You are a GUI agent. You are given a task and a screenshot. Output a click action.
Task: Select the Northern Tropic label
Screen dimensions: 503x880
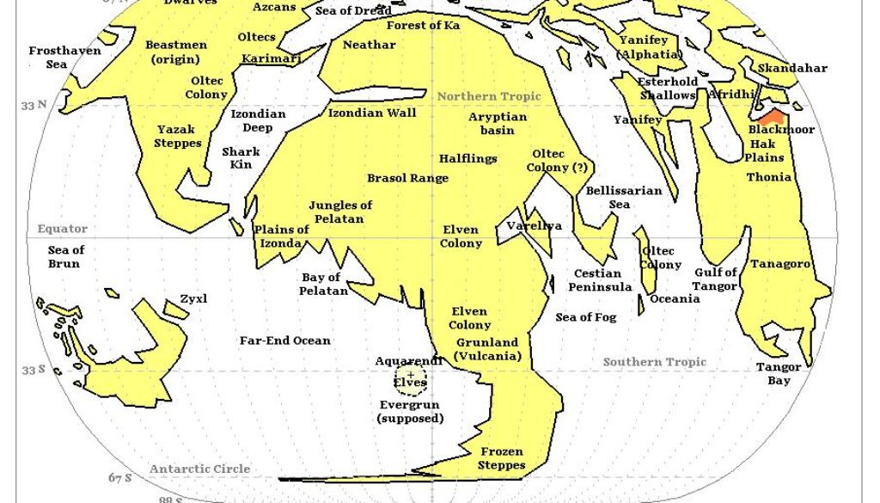pyautogui.click(x=489, y=96)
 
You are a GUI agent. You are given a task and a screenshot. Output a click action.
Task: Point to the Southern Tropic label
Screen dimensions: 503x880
pyautogui.click(x=654, y=362)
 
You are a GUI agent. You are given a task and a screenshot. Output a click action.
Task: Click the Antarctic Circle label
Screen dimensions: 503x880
pyautogui.click(x=199, y=469)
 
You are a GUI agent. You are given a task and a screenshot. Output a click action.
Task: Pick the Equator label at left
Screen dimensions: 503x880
pyautogui.click(x=62, y=229)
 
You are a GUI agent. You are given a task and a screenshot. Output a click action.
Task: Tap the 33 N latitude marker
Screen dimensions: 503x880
pyautogui.click(x=34, y=105)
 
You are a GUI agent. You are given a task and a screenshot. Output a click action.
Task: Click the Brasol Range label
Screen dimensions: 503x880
pyautogui.click(x=407, y=178)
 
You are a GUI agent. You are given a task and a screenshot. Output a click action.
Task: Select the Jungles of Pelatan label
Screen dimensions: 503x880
pyautogui.click(x=340, y=212)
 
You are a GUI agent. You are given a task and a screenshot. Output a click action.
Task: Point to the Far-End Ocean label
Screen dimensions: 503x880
pyautogui.click(x=284, y=340)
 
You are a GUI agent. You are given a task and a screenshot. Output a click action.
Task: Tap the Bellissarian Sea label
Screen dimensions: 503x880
pyautogui.click(x=624, y=197)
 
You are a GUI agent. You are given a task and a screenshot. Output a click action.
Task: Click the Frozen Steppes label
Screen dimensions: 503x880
pyautogui.click(x=502, y=458)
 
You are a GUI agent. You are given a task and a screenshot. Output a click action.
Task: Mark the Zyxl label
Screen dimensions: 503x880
pyautogui.click(x=193, y=299)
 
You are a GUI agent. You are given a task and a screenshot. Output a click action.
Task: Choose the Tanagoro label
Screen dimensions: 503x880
pyautogui.click(x=780, y=264)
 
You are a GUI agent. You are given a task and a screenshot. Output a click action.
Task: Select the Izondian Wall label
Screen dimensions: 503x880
pyautogui.click(x=372, y=113)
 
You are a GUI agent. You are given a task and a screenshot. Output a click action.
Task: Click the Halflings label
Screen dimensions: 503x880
pyautogui.click(x=467, y=159)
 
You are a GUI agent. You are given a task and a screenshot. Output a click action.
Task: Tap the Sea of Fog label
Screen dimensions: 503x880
pyautogui.click(x=586, y=317)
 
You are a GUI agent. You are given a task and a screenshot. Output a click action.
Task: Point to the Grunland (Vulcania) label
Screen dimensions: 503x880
pyautogui.click(x=488, y=349)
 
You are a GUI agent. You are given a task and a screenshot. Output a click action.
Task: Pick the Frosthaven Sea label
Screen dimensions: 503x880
pyautogui.click(x=64, y=58)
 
